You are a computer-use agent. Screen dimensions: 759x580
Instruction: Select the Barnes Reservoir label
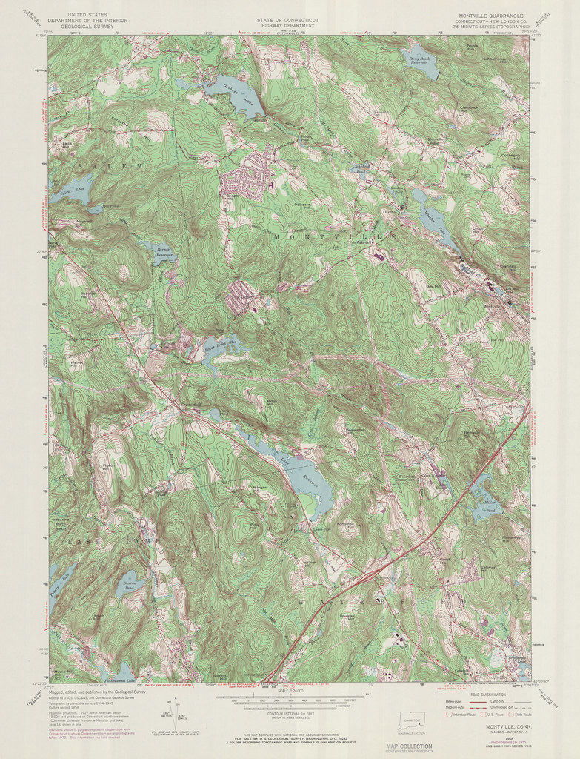[x=164, y=253]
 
